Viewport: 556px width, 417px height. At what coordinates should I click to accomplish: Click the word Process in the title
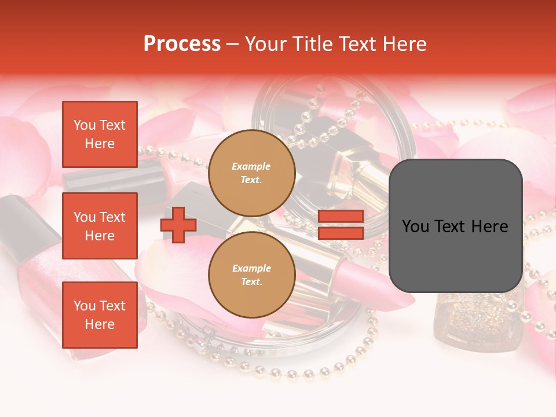[182, 44]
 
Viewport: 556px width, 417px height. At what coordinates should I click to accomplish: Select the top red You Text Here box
[100, 134]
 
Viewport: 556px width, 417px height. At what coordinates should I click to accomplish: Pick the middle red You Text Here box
[100, 226]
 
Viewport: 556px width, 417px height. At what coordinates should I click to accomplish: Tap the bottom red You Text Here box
[100, 314]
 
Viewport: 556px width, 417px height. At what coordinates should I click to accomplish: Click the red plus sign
[178, 225]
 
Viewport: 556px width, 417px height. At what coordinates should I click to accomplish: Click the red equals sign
[341, 225]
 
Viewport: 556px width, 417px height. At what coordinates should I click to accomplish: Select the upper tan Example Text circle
[251, 173]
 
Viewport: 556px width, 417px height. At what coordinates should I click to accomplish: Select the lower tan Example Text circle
[251, 275]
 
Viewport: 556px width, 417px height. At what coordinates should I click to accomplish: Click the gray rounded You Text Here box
[455, 226]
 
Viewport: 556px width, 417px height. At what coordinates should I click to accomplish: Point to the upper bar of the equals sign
[341, 217]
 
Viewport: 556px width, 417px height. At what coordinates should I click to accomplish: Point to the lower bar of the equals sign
[341, 233]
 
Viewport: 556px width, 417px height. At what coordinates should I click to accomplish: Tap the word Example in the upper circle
[251, 166]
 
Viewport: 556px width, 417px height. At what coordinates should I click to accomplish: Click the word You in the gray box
[415, 226]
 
